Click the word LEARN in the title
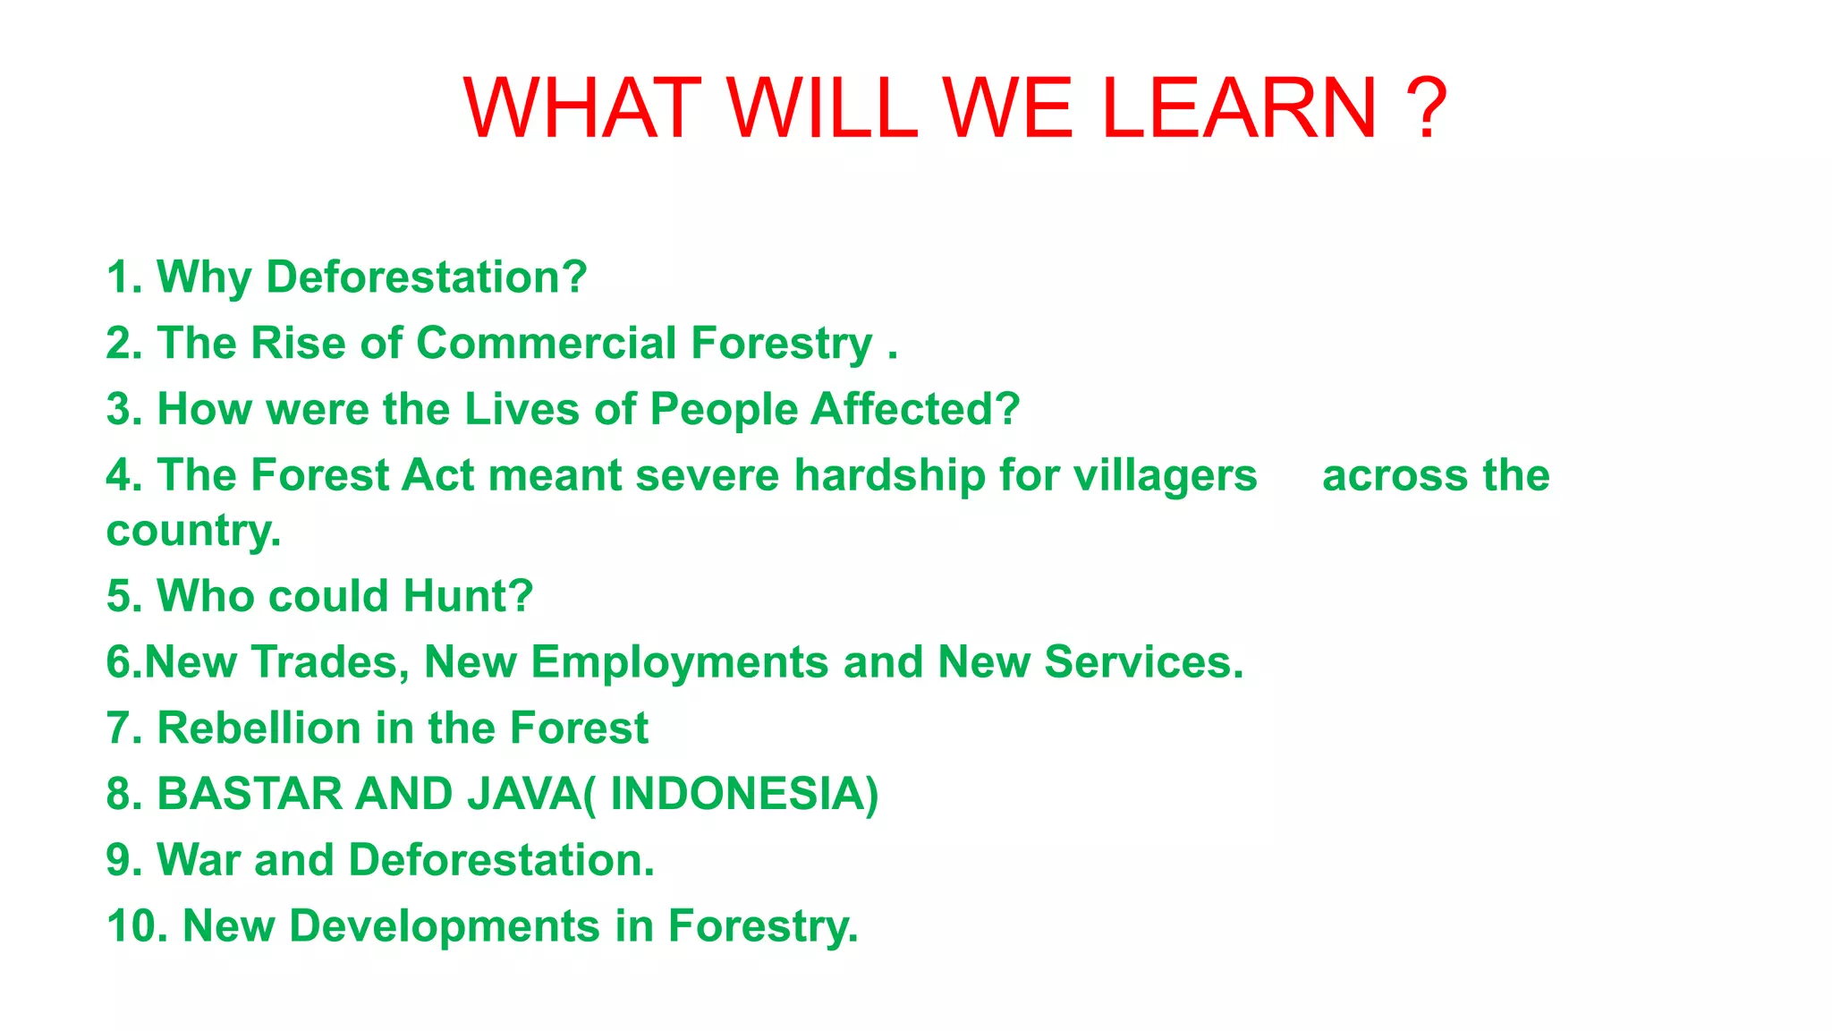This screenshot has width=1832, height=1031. [1239, 108]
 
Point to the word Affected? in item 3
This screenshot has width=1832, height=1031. [915, 410]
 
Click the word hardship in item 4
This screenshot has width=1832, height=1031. [889, 475]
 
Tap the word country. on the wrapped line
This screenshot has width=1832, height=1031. [193, 531]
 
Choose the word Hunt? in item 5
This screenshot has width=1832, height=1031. [468, 596]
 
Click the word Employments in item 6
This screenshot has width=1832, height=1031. [680, 662]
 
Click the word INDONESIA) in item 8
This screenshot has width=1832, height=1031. [744, 794]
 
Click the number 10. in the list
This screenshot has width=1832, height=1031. [137, 926]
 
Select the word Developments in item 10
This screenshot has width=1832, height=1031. [445, 926]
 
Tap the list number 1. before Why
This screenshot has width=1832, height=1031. [123, 277]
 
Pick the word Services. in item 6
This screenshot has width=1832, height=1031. [1144, 662]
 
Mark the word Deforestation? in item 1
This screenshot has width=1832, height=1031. [427, 277]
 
